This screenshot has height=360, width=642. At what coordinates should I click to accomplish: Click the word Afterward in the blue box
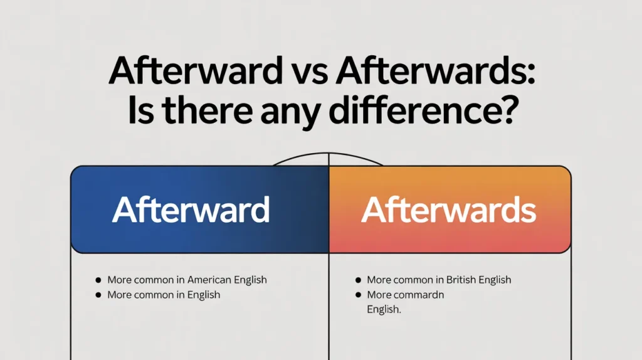191,210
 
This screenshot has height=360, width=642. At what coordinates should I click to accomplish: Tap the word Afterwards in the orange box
448,210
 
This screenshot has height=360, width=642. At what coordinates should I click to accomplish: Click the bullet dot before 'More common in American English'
98,280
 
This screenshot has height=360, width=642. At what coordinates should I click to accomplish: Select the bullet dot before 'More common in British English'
358,280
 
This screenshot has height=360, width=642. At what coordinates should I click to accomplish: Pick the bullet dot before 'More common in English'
98,295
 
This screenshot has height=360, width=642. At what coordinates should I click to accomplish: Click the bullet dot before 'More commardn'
358,295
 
